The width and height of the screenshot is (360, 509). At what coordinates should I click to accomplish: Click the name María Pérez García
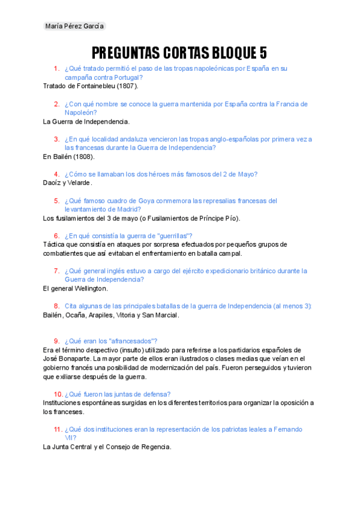click(x=75, y=26)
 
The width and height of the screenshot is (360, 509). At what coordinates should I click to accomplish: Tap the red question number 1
click(x=56, y=68)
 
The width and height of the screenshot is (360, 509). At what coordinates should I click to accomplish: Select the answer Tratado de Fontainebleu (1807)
click(x=91, y=86)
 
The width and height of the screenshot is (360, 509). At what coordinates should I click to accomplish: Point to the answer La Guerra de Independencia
click(x=86, y=121)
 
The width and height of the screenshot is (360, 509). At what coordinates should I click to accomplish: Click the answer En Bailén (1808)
click(x=68, y=157)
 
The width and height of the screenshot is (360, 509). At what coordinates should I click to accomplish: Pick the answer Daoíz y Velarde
click(x=68, y=182)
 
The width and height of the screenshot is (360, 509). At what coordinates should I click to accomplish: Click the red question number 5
click(x=56, y=200)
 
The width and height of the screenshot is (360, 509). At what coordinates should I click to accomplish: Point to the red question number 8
click(x=56, y=306)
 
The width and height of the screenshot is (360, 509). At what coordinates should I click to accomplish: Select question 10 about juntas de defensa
click(x=118, y=394)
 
